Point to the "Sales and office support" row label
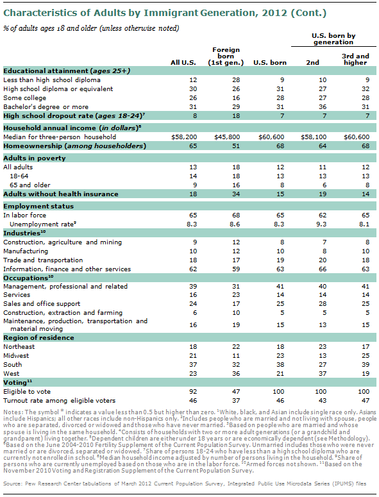pos(42,302)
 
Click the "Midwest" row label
pos(18,355)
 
